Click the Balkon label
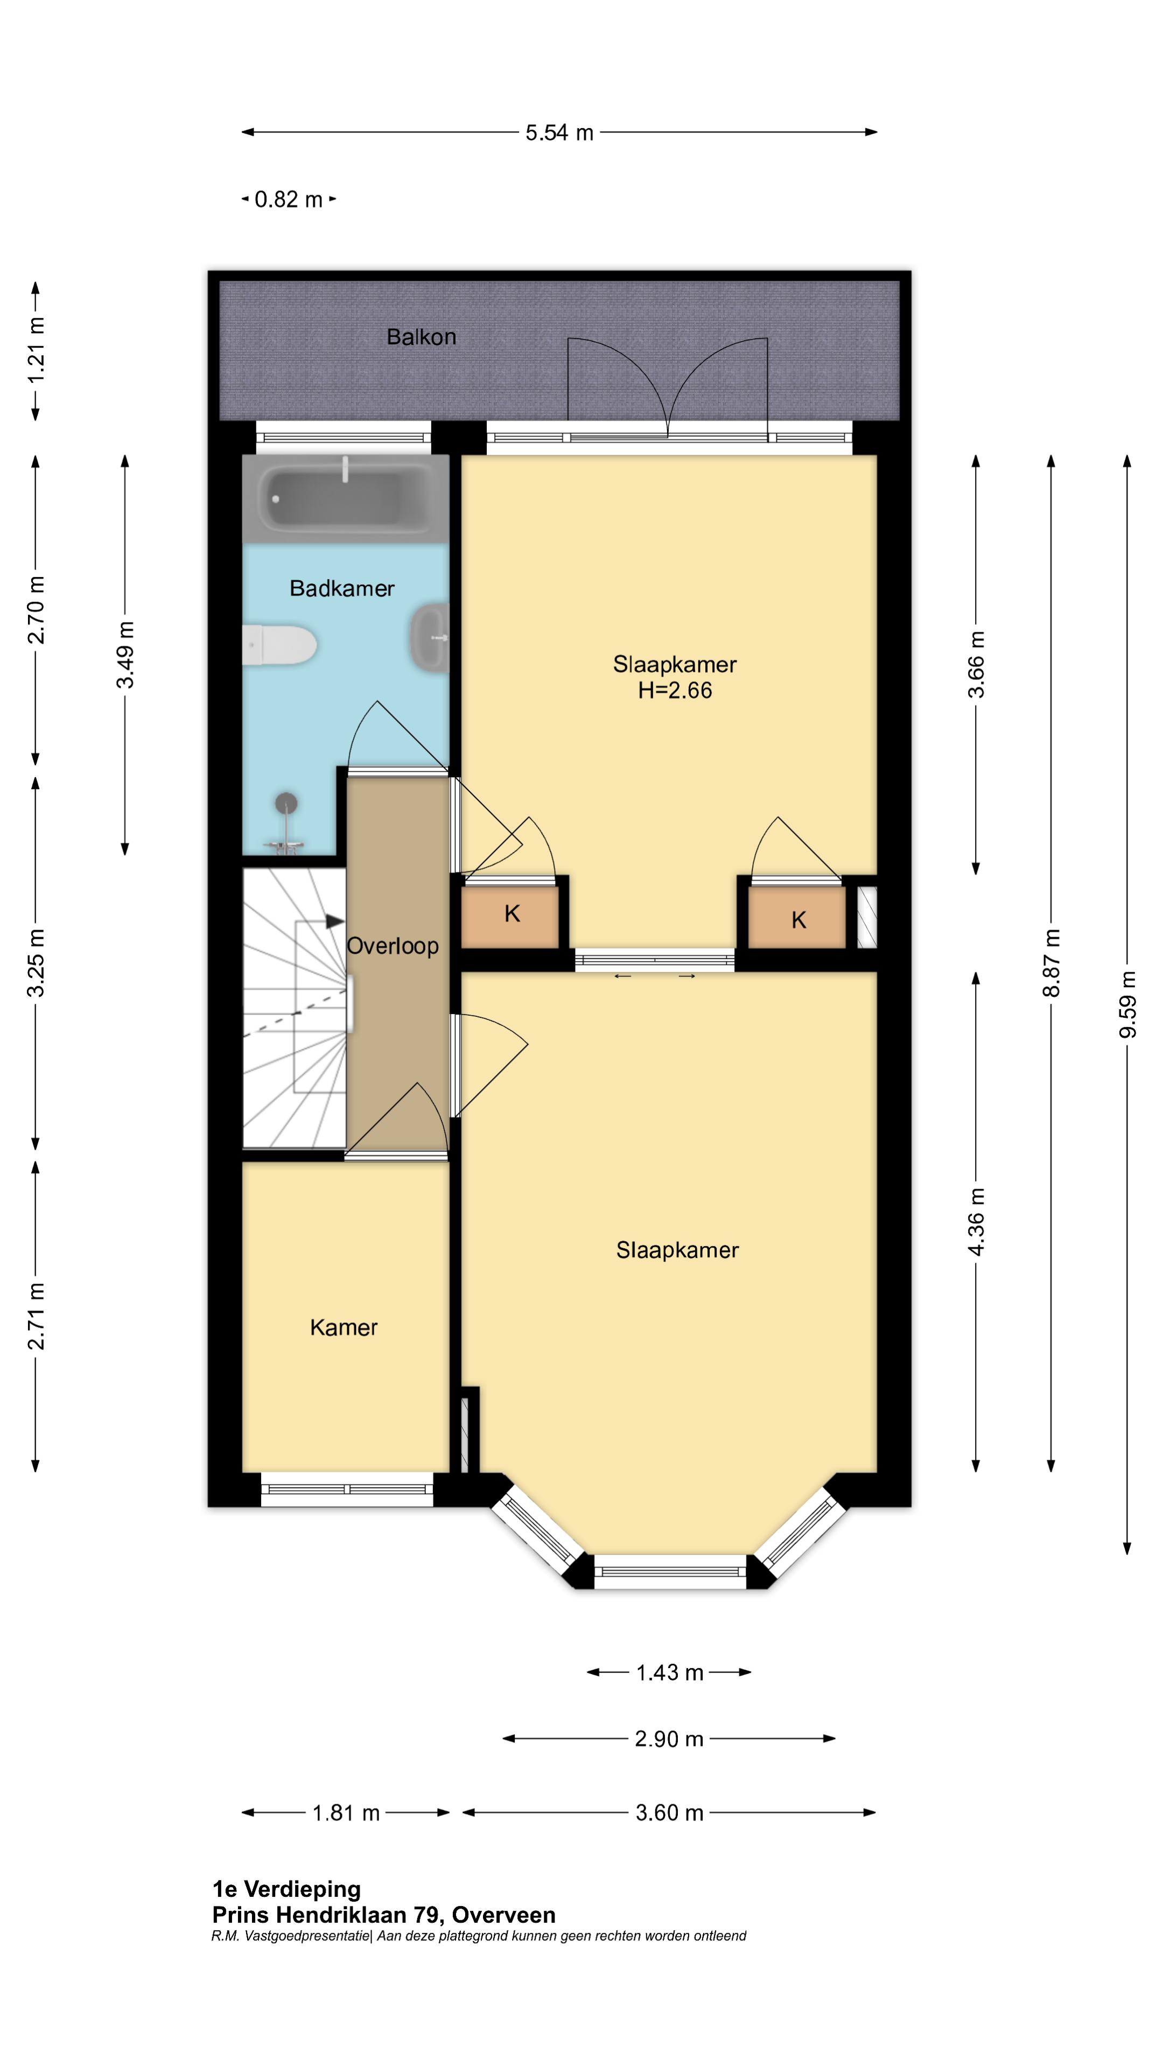[x=422, y=337]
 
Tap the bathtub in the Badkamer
[x=345, y=498]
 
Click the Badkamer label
[x=342, y=589]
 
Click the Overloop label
[x=393, y=946]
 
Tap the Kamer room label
[x=344, y=1327]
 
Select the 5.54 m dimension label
[x=559, y=133]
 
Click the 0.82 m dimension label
[x=288, y=199]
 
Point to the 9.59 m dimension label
[x=1127, y=1004]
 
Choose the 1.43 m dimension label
[x=669, y=1673]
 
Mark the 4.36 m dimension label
[x=976, y=1222]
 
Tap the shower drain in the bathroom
[x=286, y=803]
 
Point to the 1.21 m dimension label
[x=36, y=350]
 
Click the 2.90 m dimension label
[x=669, y=1739]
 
